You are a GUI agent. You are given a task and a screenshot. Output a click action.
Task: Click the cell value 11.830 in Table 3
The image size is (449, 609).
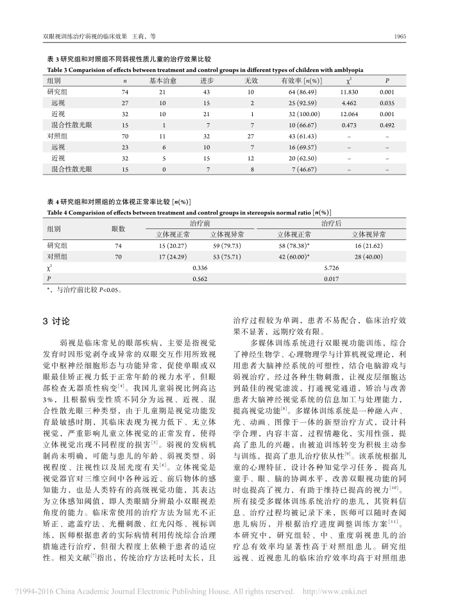coord(349,92)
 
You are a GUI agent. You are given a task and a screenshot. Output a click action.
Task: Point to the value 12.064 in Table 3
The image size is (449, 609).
coord(349,114)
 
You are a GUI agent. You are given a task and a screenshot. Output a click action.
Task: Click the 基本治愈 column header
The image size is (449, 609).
coord(162,81)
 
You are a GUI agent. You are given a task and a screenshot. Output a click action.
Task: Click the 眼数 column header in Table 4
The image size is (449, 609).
coord(118,228)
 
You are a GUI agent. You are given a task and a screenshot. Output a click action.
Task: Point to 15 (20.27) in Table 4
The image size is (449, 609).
coord(172,245)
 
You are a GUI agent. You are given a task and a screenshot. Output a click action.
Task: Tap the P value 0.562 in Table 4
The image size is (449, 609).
coord(200,278)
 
